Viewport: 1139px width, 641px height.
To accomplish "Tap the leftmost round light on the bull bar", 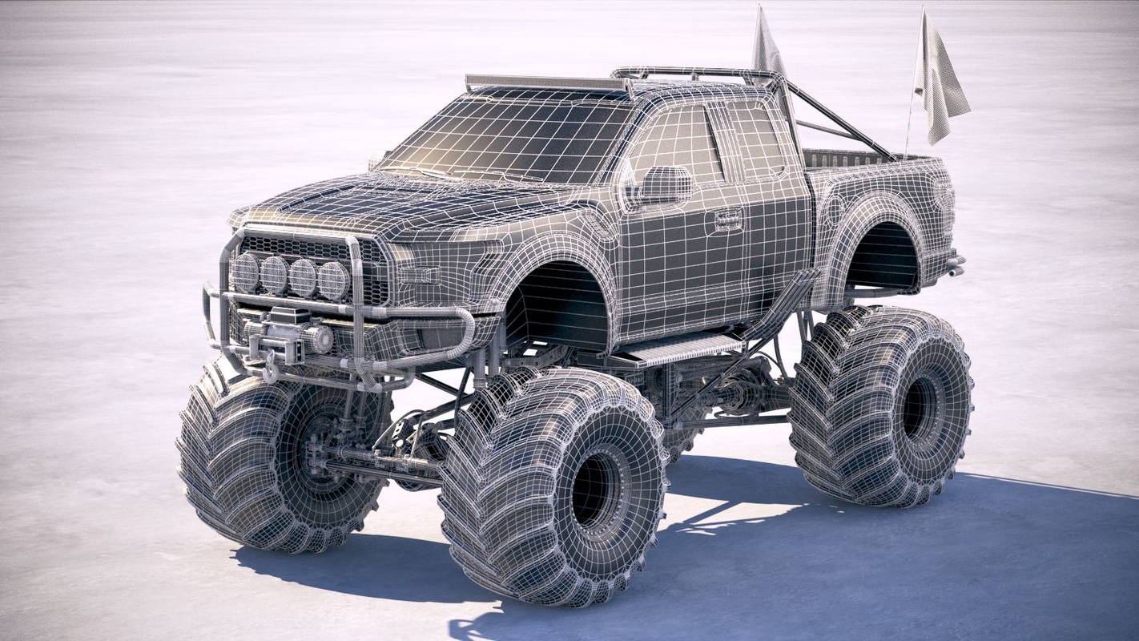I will click(245, 272).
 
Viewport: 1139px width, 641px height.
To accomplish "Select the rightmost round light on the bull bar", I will click(333, 280).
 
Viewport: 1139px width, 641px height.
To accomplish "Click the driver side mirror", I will click(665, 184).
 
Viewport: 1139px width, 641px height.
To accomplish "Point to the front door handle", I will click(727, 218).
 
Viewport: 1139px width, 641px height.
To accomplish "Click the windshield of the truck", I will click(513, 136).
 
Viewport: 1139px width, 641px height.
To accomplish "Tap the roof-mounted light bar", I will click(545, 83).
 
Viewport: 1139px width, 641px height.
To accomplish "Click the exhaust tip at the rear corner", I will click(955, 265).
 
